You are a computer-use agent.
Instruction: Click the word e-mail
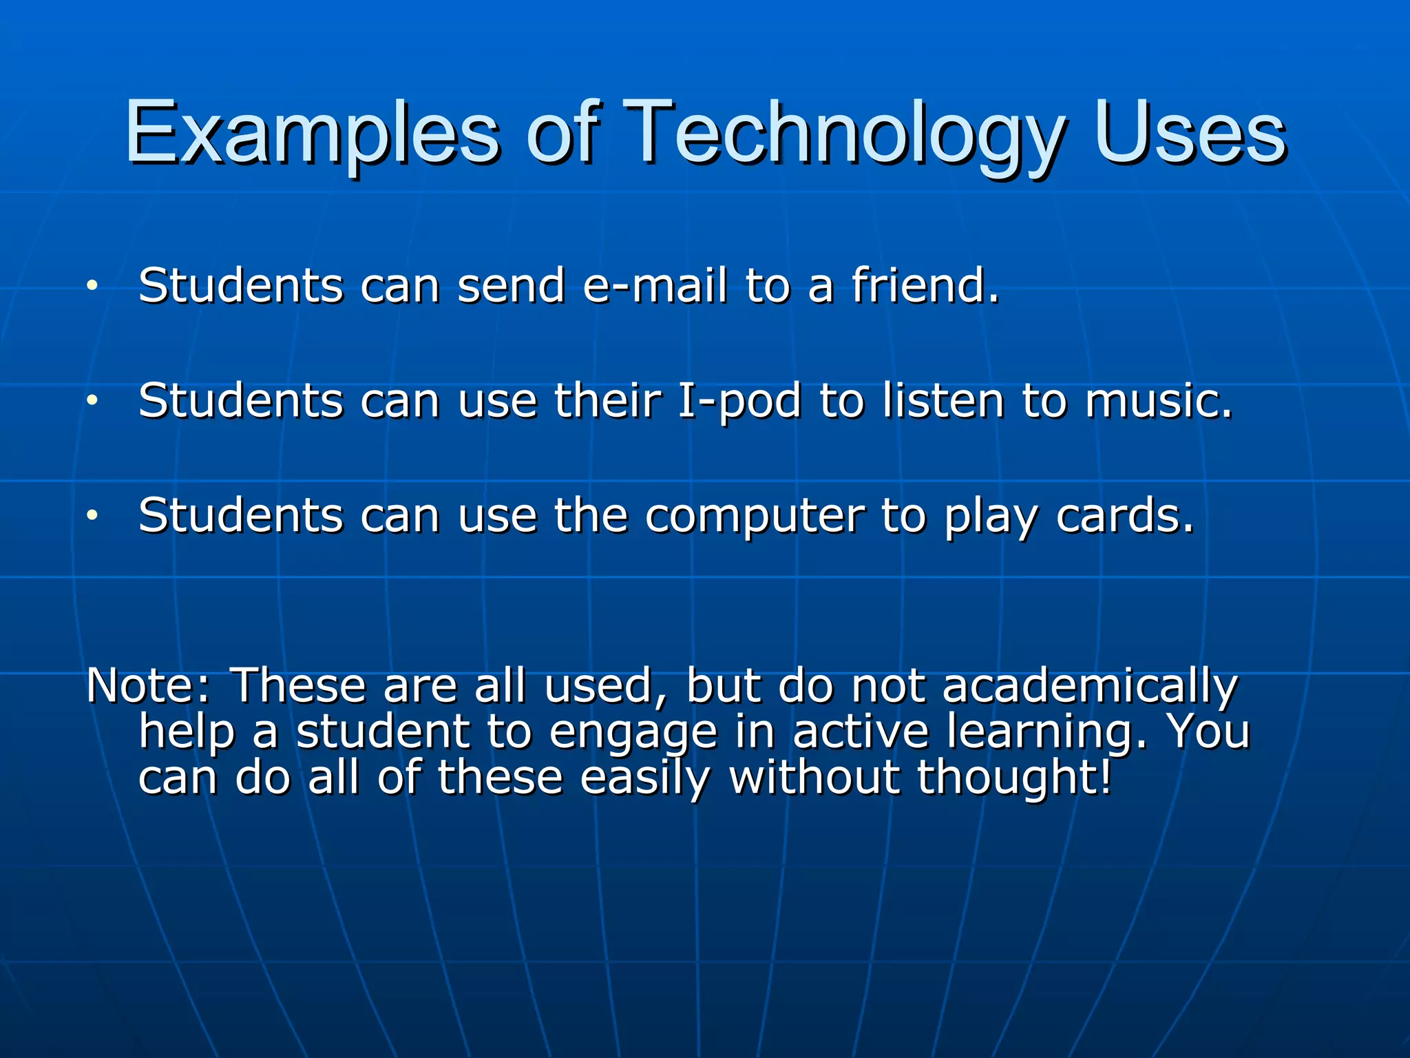coord(655,285)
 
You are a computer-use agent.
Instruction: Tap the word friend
coord(924,285)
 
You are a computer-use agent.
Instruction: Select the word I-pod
coord(739,400)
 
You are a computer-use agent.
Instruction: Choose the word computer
coord(755,515)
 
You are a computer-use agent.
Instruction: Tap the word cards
coord(1124,515)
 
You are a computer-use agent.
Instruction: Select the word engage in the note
coord(633,732)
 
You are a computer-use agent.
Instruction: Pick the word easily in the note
coord(644,777)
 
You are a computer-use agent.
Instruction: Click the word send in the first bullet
coord(511,285)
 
